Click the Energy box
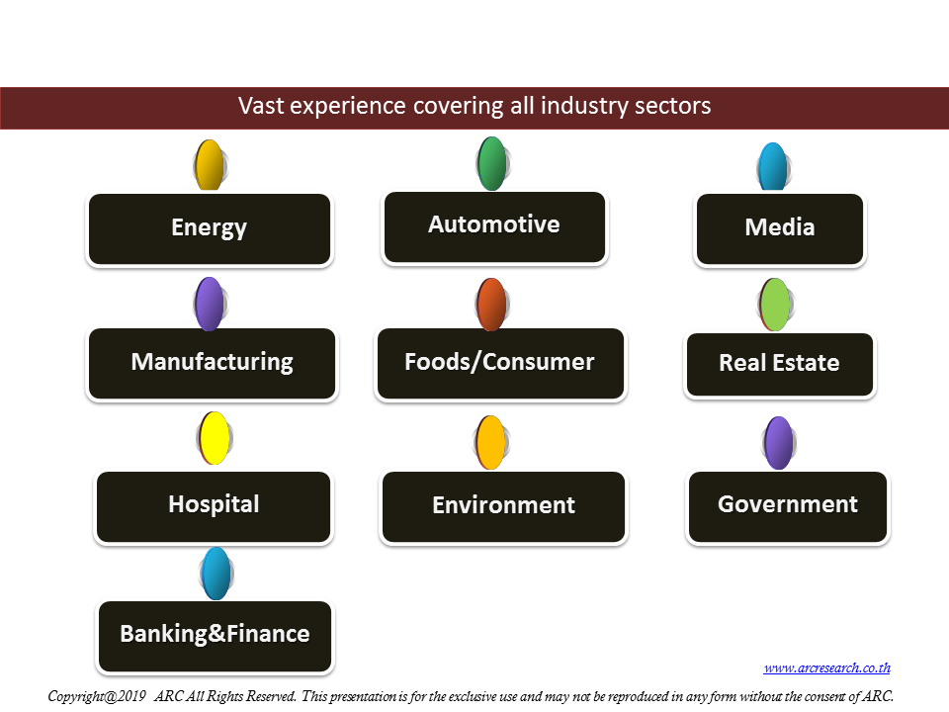pyautogui.click(x=210, y=228)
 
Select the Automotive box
pyautogui.click(x=494, y=227)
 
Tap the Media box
pyautogui.click(x=780, y=228)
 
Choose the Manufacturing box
pyautogui.click(x=212, y=363)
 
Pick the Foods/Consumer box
pyautogui.click(x=500, y=363)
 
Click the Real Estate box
pyautogui.click(x=780, y=365)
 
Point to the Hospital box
pyautogui.click(x=214, y=506)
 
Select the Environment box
pyautogui.click(x=503, y=506)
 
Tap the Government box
pyautogui.click(x=788, y=506)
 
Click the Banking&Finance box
pyautogui.click(x=215, y=636)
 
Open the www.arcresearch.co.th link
pyautogui.click(x=826, y=667)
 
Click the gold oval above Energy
pyautogui.click(x=210, y=165)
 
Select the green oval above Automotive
pyautogui.click(x=492, y=163)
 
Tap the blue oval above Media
pyautogui.click(x=773, y=166)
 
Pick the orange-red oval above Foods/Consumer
pyautogui.click(x=491, y=305)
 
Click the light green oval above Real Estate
pyautogui.click(x=775, y=305)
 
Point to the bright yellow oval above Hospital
pyautogui.click(x=215, y=438)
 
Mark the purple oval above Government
pyautogui.click(x=778, y=443)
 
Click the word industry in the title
pyautogui.click(x=575, y=106)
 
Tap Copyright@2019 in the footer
pyautogui.click(x=97, y=696)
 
